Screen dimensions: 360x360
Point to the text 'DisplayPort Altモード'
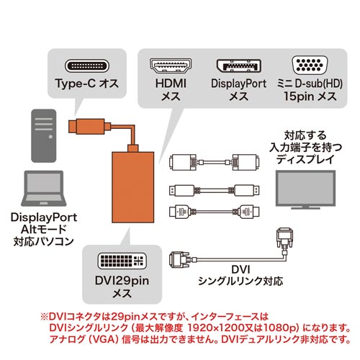pos(42,222)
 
